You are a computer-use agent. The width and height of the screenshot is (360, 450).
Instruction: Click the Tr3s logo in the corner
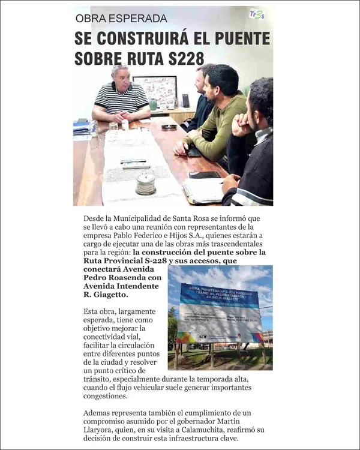point(257,14)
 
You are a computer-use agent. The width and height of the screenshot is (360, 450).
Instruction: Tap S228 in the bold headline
point(179,58)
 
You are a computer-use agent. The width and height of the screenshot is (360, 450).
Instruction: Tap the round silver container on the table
point(145,183)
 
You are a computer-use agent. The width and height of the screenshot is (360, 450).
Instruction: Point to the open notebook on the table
point(202,191)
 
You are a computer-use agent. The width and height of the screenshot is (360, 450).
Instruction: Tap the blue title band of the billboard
point(219,296)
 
